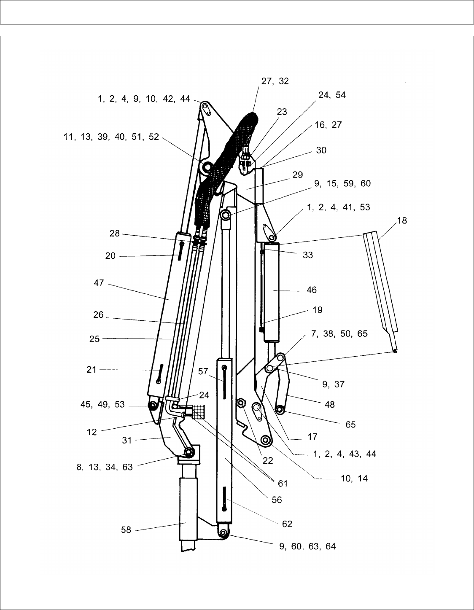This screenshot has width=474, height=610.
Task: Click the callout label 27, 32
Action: click(x=275, y=81)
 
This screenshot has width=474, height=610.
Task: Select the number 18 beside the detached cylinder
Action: click(x=402, y=221)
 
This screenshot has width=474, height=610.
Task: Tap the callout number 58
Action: click(x=126, y=530)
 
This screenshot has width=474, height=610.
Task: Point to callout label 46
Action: click(x=312, y=290)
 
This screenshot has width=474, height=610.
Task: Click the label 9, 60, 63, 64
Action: click(x=307, y=546)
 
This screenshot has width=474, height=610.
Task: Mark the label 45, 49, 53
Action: click(x=102, y=404)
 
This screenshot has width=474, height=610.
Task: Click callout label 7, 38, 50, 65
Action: click(x=339, y=334)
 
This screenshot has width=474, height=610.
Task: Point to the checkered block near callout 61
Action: click(x=198, y=411)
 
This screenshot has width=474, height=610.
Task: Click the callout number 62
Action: click(x=287, y=524)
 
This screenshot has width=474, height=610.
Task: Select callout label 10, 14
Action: click(x=354, y=478)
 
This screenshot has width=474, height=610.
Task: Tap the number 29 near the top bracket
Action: click(x=298, y=175)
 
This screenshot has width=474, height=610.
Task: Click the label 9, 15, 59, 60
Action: click(x=342, y=183)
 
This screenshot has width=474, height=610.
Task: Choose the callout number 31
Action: click(x=127, y=441)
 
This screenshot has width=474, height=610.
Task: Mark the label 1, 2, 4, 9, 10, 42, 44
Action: click(x=144, y=99)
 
